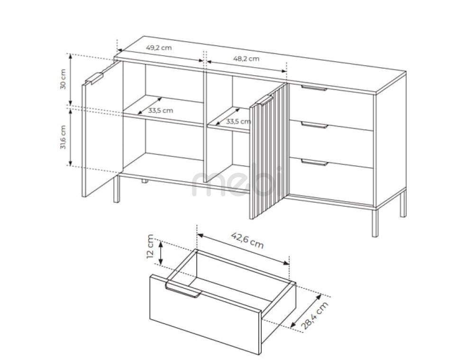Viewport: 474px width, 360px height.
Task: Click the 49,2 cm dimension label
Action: (x=159, y=48)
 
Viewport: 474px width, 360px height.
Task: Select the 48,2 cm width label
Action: (x=246, y=59)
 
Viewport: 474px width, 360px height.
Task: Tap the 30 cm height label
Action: (x=63, y=79)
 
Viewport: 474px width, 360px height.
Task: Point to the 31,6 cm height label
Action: (x=63, y=137)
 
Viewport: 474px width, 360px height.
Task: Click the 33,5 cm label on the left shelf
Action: (x=161, y=110)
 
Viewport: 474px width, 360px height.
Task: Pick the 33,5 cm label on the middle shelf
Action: (x=238, y=121)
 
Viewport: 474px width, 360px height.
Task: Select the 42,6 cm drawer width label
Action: (x=247, y=240)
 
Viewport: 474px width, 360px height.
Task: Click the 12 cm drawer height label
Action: (x=150, y=246)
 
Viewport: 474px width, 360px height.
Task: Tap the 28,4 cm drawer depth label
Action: (x=315, y=315)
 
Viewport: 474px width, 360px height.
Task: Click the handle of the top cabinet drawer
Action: (x=314, y=88)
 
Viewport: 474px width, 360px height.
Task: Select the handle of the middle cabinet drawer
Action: (x=314, y=125)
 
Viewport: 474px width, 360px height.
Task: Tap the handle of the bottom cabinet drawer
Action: (x=315, y=162)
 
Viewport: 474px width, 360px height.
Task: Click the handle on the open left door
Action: (x=94, y=78)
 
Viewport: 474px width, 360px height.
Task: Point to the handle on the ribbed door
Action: (x=264, y=100)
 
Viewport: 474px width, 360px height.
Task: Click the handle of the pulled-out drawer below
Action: (x=182, y=290)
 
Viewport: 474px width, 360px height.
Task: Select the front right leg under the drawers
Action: (x=375, y=222)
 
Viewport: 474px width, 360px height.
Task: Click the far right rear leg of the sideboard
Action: (x=403, y=204)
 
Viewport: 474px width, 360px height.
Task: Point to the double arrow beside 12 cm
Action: (x=161, y=253)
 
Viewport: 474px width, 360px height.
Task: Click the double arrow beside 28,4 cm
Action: (x=305, y=311)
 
